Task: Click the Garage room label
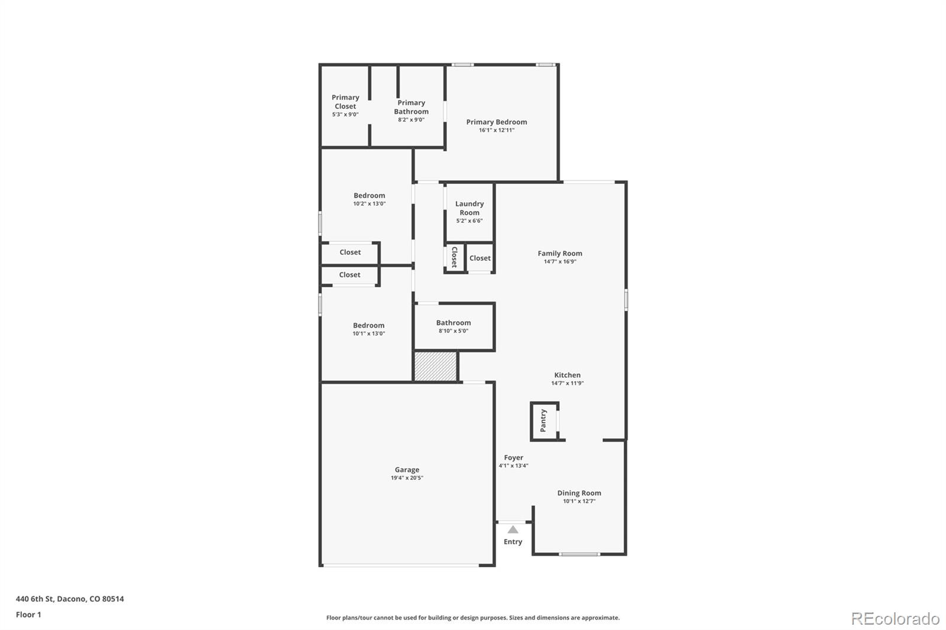pos(407,470)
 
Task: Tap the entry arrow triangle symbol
pos(513,530)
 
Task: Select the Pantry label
pos(543,420)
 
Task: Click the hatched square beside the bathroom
pos(435,366)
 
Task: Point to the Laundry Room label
pos(469,208)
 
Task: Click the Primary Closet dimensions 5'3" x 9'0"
pos(345,115)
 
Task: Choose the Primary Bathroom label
pos(412,107)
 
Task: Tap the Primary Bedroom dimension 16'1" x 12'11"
pos(497,130)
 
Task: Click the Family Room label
pos(560,254)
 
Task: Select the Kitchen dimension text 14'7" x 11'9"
pos(568,383)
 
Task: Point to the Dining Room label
pos(579,493)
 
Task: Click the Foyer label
pos(513,457)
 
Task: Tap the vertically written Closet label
pos(454,258)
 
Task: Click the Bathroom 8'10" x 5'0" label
pos(453,326)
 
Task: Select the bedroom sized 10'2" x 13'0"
pos(369,199)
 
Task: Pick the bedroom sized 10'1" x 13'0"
pos(368,329)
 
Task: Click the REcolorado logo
pos(895,619)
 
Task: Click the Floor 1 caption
pos(28,615)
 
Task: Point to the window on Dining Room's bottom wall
pos(579,554)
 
